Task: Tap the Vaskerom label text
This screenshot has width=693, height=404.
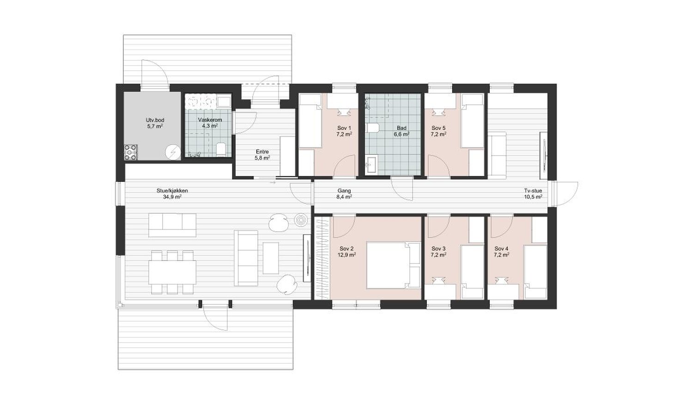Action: tap(210, 120)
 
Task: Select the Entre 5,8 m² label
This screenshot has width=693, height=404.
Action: tap(262, 155)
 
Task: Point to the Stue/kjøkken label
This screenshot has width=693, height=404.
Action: tap(172, 191)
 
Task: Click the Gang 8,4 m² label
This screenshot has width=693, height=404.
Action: tap(344, 194)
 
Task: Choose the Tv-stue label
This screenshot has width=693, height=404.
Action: tap(533, 191)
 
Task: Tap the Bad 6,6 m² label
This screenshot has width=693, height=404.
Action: tap(401, 131)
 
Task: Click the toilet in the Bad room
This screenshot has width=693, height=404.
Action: tap(373, 128)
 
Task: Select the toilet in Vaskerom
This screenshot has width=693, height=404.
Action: tap(221, 149)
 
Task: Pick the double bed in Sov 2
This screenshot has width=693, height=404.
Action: tap(393, 265)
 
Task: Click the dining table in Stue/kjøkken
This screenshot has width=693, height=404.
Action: tap(172, 272)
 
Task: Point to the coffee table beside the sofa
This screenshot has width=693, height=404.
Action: tap(271, 258)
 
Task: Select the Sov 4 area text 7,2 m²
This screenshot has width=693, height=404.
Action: tap(501, 255)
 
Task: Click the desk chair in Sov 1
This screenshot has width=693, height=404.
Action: tap(344, 112)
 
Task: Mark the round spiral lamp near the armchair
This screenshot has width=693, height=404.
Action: tap(301, 220)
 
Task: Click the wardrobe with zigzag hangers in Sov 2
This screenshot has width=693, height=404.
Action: tap(322, 258)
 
